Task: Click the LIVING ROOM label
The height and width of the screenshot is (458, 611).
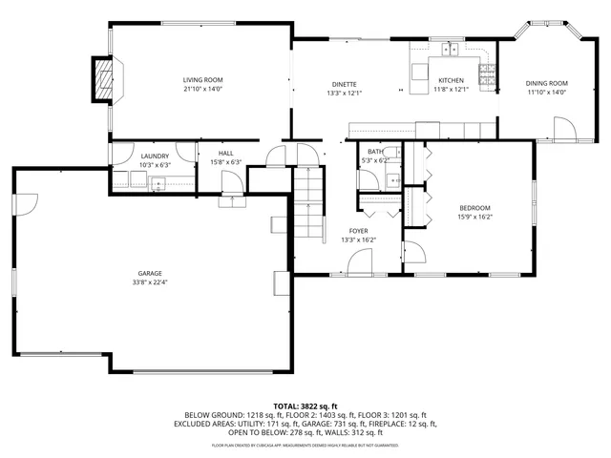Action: (202, 80)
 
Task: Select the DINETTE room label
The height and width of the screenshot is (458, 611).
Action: (344, 84)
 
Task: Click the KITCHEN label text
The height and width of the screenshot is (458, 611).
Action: (451, 80)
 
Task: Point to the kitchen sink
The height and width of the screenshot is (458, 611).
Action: (451, 49)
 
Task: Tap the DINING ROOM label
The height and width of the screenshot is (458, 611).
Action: (546, 84)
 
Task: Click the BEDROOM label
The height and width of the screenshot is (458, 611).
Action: (474, 208)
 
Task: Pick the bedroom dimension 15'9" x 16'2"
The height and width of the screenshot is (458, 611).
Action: (474, 217)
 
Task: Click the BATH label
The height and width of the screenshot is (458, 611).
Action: (375, 152)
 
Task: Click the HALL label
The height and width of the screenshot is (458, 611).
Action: (225, 153)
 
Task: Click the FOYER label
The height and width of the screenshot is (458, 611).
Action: (358, 231)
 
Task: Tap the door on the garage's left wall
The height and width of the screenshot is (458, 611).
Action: (27, 202)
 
